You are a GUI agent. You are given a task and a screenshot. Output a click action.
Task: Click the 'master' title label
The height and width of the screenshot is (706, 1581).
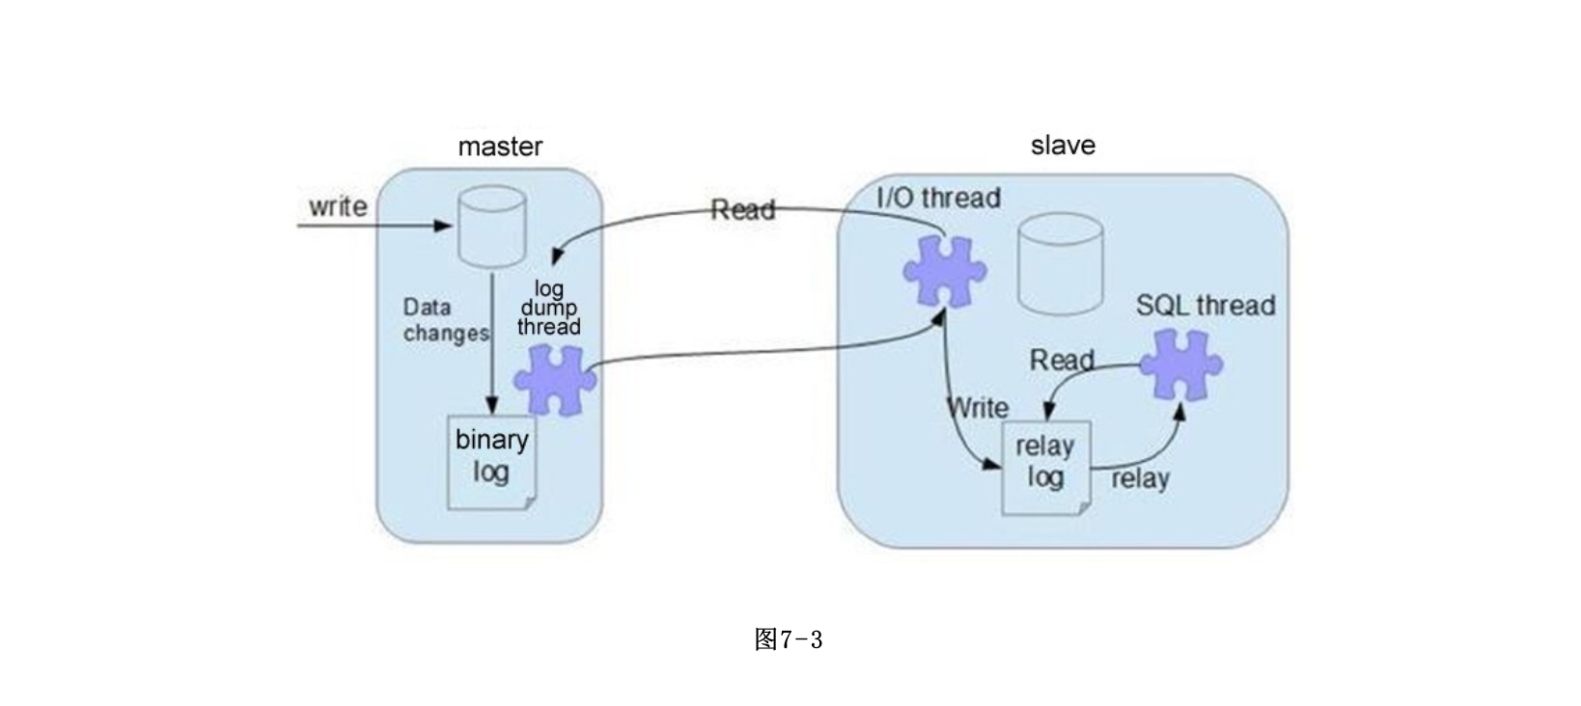tap(500, 147)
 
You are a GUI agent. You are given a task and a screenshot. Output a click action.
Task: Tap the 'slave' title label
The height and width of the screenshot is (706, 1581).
tap(1063, 146)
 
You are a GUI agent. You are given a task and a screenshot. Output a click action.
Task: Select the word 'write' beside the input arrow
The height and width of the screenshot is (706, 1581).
tap(338, 206)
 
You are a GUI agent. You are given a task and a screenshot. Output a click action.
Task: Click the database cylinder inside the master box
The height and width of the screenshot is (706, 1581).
tap(491, 228)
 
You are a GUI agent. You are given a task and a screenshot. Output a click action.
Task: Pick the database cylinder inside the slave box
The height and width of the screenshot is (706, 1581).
tap(1061, 262)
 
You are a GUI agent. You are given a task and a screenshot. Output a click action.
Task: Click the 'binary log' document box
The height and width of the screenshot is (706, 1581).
tap(491, 461)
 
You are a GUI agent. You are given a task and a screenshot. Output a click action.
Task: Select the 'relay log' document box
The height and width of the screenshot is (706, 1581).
tap(1046, 468)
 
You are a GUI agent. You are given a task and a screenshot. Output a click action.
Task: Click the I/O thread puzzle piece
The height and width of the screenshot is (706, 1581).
tap(944, 272)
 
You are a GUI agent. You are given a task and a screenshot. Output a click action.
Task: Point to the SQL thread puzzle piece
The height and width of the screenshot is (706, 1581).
tap(1180, 365)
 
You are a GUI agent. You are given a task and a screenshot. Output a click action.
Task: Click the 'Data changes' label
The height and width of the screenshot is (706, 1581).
tap(445, 320)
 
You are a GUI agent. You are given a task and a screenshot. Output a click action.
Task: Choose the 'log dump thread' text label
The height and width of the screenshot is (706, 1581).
tap(549, 308)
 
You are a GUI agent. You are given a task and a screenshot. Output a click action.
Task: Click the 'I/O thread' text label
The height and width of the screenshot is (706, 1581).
tap(938, 198)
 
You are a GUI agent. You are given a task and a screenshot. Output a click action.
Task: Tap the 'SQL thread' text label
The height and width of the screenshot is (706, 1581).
tap(1206, 306)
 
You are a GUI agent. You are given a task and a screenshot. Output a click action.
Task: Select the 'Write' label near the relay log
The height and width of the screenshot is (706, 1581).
tap(978, 407)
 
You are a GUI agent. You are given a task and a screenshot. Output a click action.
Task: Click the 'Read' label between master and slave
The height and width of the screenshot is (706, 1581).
tap(742, 209)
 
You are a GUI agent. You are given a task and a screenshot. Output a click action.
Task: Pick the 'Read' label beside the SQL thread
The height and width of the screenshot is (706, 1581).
tap(1062, 360)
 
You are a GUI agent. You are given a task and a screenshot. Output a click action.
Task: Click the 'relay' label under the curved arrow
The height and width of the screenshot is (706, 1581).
tap(1140, 479)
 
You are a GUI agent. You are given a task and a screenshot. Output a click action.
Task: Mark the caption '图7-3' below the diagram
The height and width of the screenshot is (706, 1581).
tap(789, 639)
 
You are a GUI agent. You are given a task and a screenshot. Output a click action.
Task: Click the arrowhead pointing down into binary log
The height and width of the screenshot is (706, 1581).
tap(491, 405)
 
